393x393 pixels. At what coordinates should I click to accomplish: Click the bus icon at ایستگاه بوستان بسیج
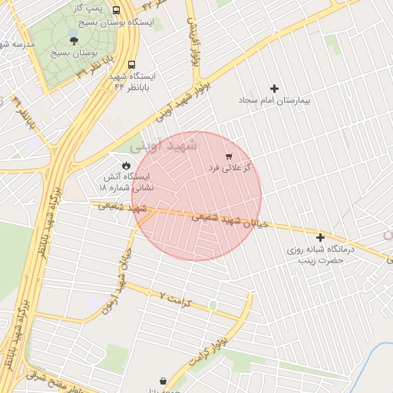click(116, 11)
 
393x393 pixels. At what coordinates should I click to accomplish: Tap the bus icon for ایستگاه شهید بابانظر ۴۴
click(132, 65)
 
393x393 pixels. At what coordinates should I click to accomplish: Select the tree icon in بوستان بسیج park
click(74, 41)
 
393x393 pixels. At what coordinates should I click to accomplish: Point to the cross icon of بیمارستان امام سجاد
click(274, 88)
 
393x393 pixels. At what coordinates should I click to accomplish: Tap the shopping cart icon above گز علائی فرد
click(229, 156)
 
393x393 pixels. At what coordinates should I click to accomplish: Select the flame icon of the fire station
click(125, 165)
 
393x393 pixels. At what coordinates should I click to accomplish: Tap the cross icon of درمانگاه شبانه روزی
click(320, 237)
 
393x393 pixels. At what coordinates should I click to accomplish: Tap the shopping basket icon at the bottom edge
click(163, 381)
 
